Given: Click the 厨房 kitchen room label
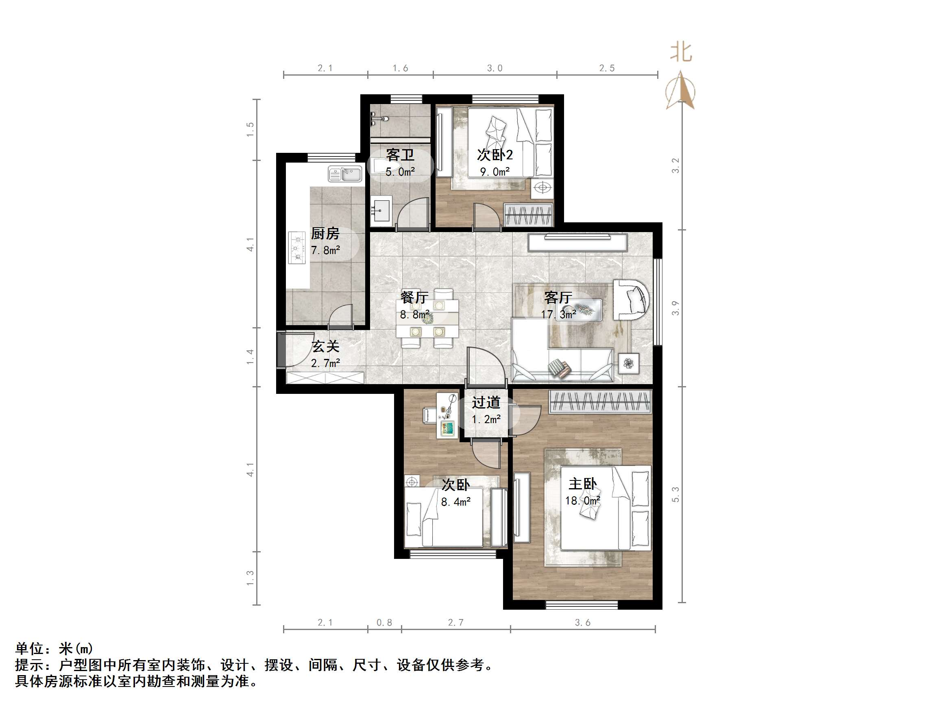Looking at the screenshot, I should [x=325, y=233].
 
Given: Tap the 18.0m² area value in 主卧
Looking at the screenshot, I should [x=582, y=501].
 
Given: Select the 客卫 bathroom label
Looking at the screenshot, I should [x=400, y=155].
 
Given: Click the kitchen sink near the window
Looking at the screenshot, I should [x=345, y=174].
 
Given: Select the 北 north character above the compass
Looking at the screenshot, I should [x=681, y=52].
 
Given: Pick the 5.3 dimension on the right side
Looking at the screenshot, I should [x=675, y=494].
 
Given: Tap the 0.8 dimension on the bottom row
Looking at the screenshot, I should [x=384, y=623].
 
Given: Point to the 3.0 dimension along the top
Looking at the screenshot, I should [x=495, y=68].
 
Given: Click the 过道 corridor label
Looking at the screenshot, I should [x=486, y=402].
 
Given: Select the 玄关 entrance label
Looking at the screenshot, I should [x=326, y=347].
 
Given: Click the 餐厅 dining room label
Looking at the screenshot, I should [x=414, y=297].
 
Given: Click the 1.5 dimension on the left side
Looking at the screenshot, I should [x=251, y=129].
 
